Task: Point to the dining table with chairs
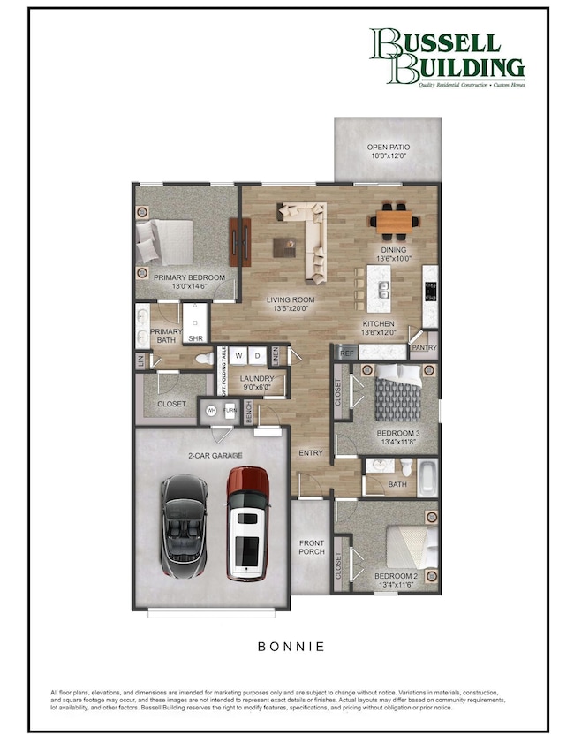point(395,220)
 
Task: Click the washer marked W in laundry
point(238,356)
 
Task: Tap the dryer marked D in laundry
point(258,356)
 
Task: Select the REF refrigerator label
point(347,353)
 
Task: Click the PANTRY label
point(424,349)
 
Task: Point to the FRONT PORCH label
point(312,547)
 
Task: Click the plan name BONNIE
point(291,647)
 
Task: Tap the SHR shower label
point(196,337)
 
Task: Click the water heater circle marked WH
point(211,410)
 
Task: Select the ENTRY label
point(310,453)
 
